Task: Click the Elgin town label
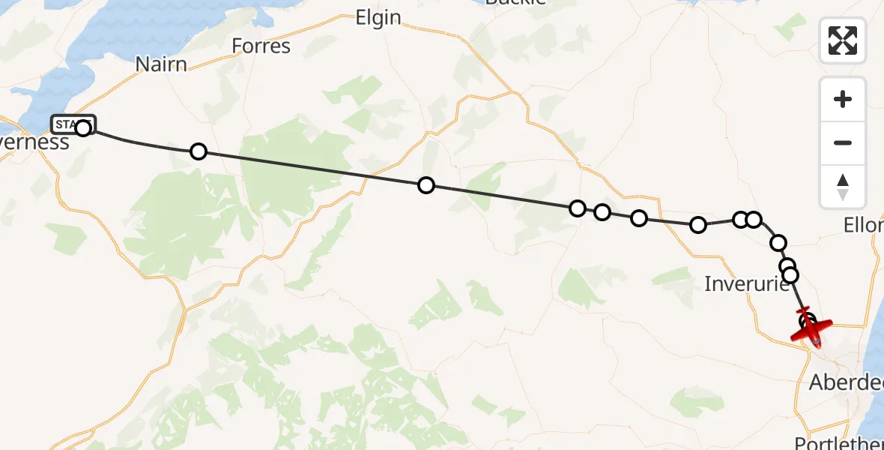click(378, 18)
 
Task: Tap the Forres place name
click(261, 46)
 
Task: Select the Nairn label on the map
click(161, 64)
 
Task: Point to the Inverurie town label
click(747, 283)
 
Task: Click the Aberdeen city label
click(846, 382)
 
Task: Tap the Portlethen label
click(838, 442)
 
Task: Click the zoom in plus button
click(843, 99)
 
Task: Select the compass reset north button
click(843, 187)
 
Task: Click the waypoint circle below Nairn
click(199, 151)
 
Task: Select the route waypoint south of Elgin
click(426, 185)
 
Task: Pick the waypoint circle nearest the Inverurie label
click(790, 275)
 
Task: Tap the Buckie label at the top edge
click(515, 2)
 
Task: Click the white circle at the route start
click(83, 128)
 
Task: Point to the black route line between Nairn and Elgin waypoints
click(312, 168)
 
